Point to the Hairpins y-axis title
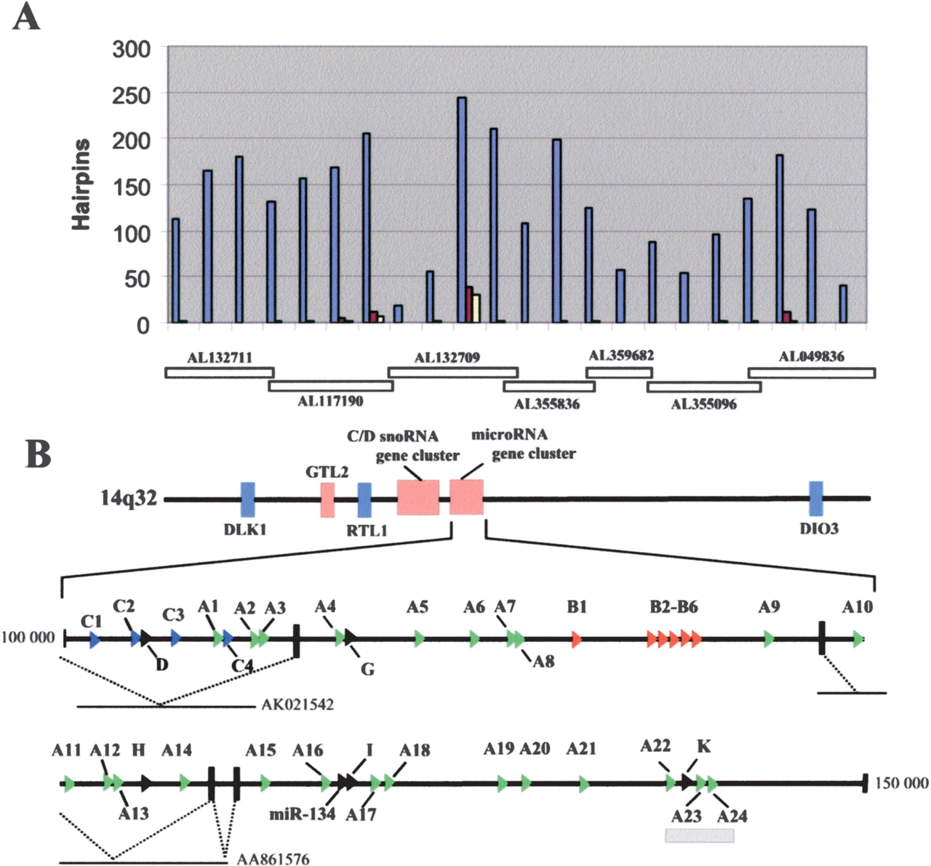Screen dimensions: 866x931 coord(81,185)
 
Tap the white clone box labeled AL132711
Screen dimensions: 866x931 coord(219,372)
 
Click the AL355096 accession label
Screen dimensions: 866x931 coord(703,404)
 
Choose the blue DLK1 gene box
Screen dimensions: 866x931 coord(248,499)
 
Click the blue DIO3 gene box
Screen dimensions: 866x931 coord(816,498)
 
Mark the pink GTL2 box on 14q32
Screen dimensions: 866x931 coord(327,500)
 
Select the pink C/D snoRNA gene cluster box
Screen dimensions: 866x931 coord(418,497)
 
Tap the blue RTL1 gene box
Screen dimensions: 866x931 coord(364,500)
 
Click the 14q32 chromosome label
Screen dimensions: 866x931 coord(129,499)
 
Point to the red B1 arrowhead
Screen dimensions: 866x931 coord(577,640)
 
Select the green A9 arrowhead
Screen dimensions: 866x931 coord(769,640)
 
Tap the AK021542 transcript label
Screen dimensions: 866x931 coord(297,704)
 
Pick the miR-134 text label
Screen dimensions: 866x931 coord(302,814)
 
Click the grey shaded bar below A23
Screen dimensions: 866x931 coord(700,835)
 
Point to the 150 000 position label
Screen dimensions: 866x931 coord(901,783)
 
